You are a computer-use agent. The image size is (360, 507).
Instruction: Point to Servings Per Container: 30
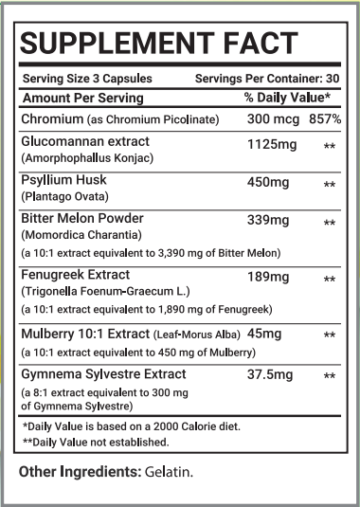tap(268, 80)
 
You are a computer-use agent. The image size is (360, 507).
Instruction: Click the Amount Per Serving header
tap(83, 98)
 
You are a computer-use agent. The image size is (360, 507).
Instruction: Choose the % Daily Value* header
tap(287, 98)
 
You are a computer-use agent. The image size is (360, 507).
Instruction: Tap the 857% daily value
tap(325, 119)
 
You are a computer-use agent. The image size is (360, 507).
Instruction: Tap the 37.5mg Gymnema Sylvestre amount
tap(264, 375)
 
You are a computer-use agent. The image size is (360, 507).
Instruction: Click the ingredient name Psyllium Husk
tap(63, 179)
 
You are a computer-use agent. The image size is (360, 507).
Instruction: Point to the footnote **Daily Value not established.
tap(96, 441)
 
